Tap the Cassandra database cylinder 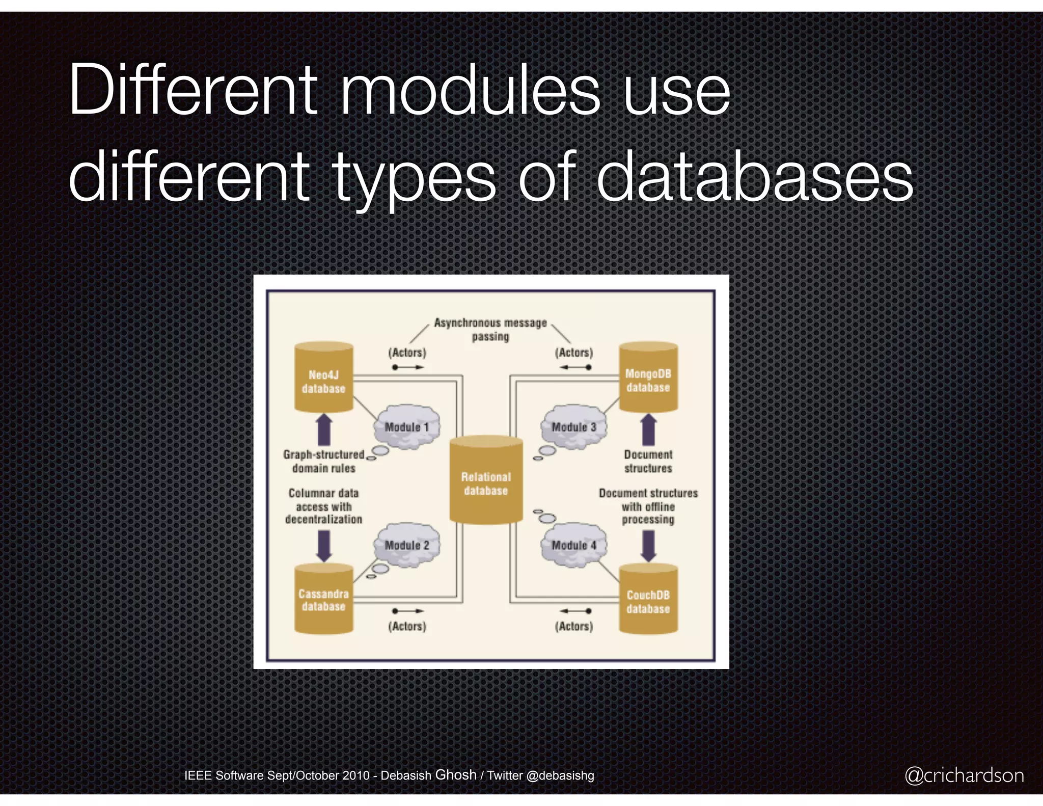[x=324, y=600]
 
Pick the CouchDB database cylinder [x=648, y=601]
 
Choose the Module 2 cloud [x=407, y=545]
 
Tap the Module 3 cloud [x=573, y=426]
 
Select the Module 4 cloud [x=574, y=545]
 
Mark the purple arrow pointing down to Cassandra [x=324, y=545]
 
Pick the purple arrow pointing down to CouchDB [x=648, y=545]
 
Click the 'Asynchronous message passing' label [x=490, y=329]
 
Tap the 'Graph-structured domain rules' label [x=324, y=461]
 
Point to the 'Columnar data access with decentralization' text [x=324, y=506]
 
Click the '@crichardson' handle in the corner [x=964, y=775]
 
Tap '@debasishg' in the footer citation [x=560, y=775]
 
